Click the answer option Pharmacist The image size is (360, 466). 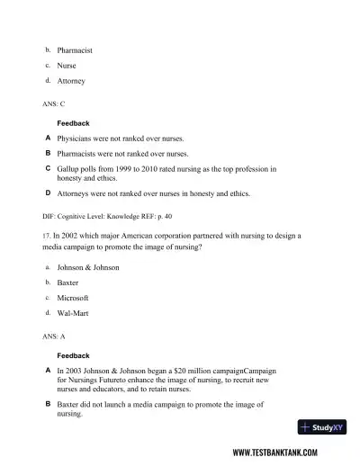tap(75, 50)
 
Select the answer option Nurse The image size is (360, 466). tap(67, 66)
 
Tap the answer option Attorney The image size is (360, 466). tap(71, 81)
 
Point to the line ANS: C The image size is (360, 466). tap(54, 104)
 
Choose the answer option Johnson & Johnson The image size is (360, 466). tap(88, 267)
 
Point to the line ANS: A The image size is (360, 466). tap(54, 336)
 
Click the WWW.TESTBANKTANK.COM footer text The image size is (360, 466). tap(285, 453)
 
